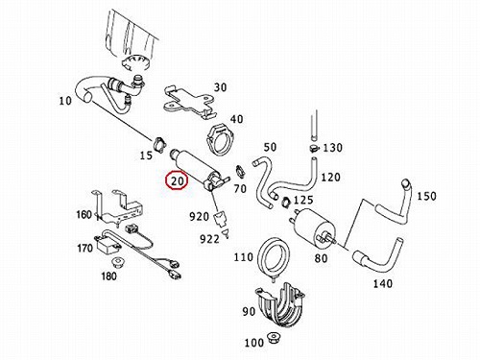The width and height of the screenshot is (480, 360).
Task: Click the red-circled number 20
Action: tap(178, 180)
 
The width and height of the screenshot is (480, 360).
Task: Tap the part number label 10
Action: tap(65, 101)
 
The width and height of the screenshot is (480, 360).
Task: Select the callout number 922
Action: tap(209, 239)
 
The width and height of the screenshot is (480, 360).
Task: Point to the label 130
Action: tap(332, 148)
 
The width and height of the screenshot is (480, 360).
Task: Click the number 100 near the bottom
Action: tap(253, 343)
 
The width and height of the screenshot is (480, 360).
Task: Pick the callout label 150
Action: tap(426, 196)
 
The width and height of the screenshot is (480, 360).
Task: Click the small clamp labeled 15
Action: tap(159, 143)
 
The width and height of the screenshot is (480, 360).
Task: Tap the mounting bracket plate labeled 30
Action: tap(188, 102)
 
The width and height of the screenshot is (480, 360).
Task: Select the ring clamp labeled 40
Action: tap(222, 139)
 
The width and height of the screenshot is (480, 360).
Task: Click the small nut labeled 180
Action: tap(118, 263)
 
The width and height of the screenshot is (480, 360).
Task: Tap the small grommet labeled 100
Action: tap(273, 338)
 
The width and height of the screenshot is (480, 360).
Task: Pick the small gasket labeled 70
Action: tap(240, 171)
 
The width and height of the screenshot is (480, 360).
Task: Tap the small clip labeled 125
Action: tap(285, 202)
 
